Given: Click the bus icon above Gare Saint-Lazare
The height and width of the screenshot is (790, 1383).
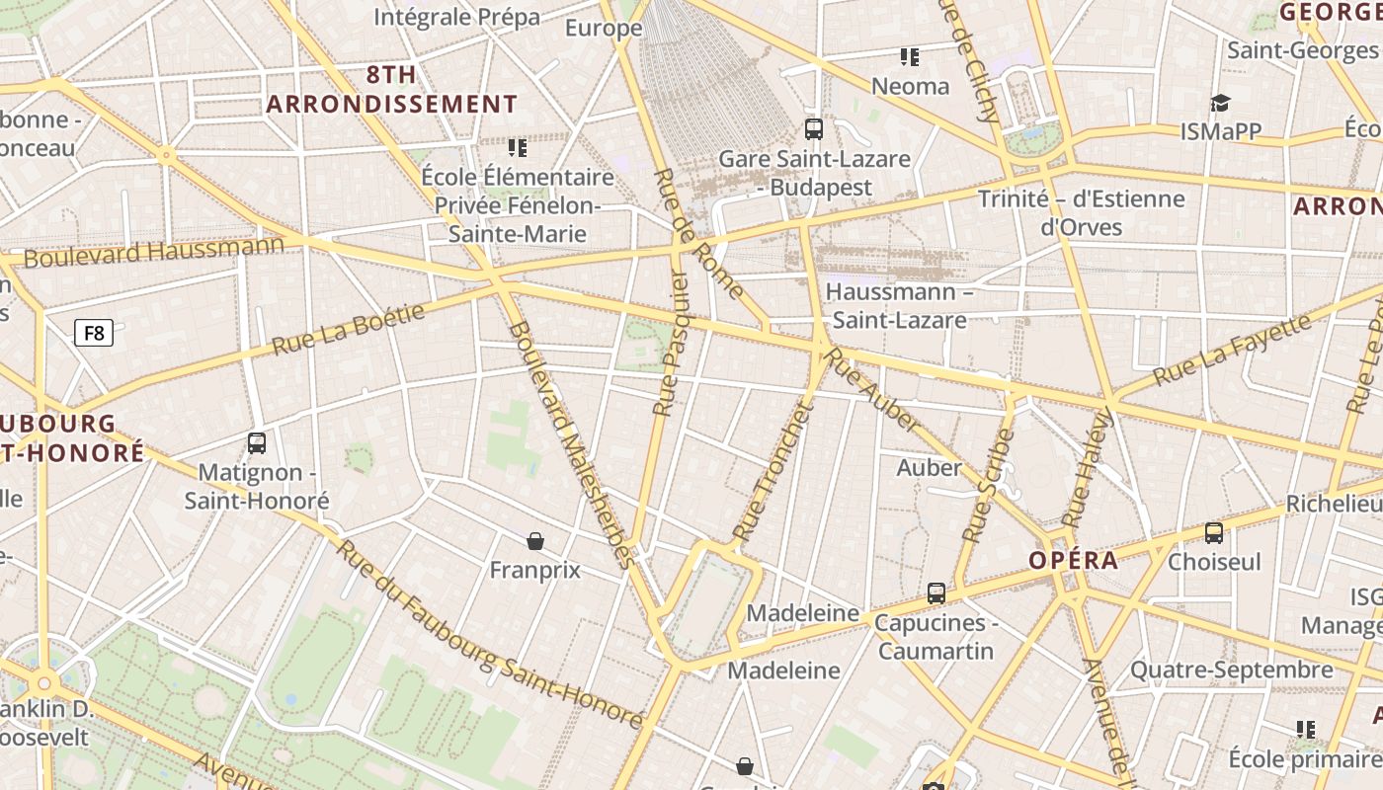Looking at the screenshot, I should [x=814, y=129].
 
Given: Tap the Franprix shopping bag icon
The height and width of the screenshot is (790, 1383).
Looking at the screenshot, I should [x=535, y=541].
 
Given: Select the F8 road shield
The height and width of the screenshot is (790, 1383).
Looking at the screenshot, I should [x=94, y=333].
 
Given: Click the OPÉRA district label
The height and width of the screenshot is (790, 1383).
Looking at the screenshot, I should [x=1074, y=561].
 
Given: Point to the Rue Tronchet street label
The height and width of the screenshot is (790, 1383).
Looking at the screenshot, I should [x=772, y=473].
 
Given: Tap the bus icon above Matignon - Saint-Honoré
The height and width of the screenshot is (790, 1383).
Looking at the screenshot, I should [x=257, y=443].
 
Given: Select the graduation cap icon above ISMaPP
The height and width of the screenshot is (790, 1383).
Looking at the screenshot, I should [x=1221, y=104].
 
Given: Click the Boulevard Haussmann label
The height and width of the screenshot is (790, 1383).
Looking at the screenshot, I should [x=154, y=251].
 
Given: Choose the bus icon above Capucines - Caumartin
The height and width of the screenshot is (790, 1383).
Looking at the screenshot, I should [x=936, y=593].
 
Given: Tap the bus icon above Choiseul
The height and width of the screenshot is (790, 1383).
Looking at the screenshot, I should [x=1214, y=533].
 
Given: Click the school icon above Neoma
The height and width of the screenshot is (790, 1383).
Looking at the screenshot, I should [x=910, y=57].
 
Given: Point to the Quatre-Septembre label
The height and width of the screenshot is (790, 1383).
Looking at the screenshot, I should [x=1231, y=671].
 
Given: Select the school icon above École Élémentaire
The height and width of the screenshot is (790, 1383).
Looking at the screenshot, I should [x=518, y=148].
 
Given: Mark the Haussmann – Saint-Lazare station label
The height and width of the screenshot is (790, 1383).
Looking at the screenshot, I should [x=899, y=306].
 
